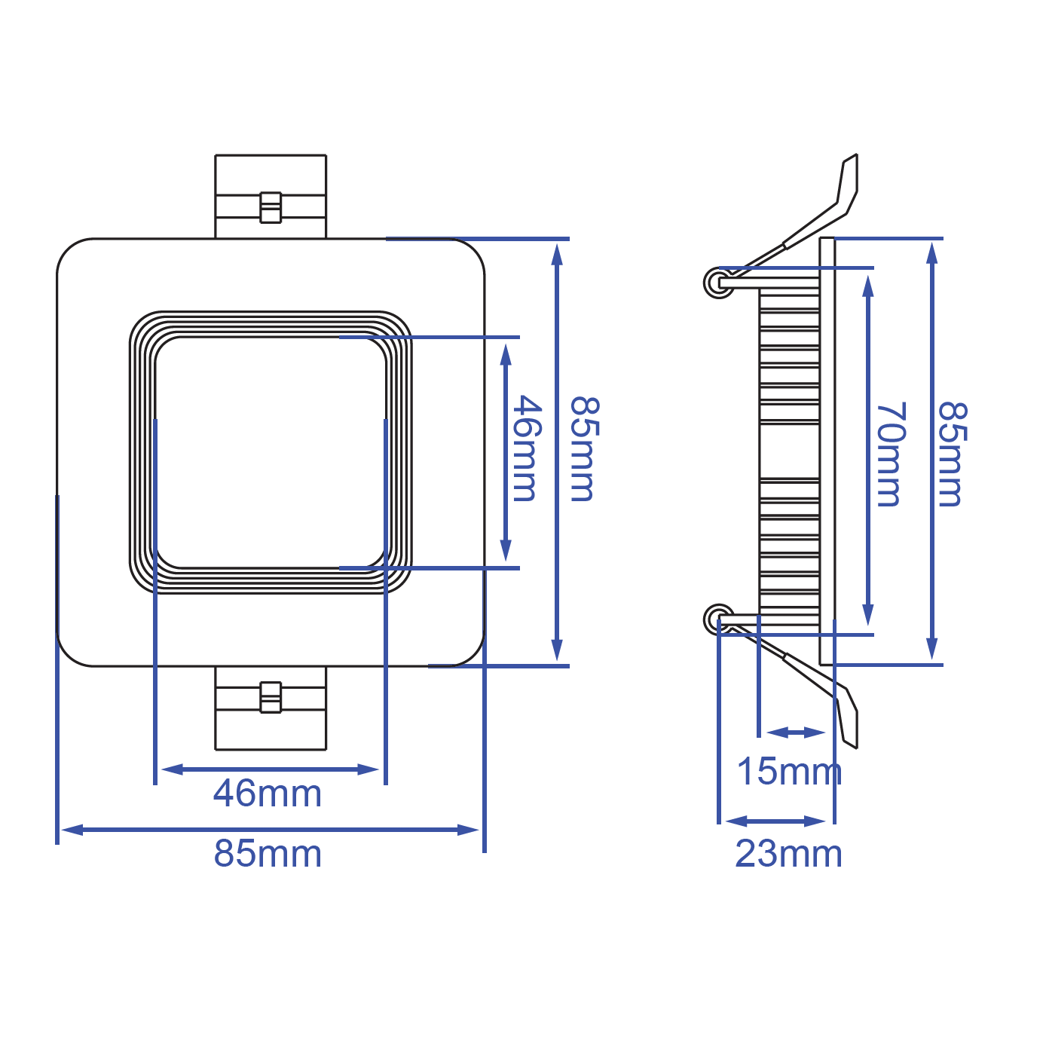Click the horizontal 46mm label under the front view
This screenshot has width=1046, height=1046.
[268, 794]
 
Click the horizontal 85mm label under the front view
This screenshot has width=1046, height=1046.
[268, 854]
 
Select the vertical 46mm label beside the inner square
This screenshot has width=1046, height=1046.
[525, 449]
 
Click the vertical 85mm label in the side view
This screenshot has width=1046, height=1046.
[951, 454]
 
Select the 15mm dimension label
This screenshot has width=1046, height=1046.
[788, 771]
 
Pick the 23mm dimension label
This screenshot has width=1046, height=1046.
[788, 854]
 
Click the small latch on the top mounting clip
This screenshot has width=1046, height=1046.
[271, 207]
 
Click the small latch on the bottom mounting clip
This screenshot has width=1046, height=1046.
[271, 697]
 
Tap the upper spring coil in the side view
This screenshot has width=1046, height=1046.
[718, 283]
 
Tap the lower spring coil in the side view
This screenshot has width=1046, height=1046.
[718, 619]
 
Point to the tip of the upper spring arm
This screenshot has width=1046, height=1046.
[852, 160]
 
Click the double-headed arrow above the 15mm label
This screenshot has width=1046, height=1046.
[796, 733]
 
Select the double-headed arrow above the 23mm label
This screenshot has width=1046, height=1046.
[776, 821]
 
